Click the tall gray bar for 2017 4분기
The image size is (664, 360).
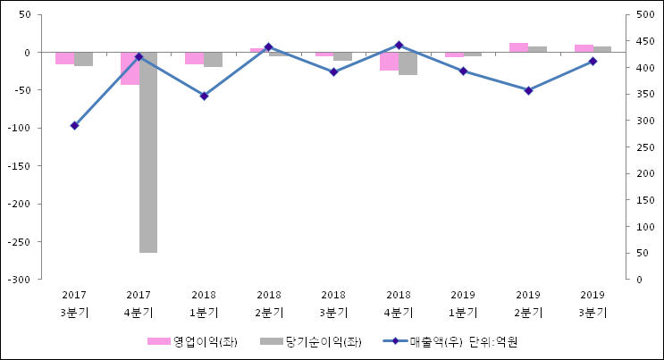tap(147, 152)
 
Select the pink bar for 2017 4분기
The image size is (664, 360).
tap(130, 69)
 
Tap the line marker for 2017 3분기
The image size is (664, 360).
tap(74, 126)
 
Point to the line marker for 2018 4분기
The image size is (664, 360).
tap(399, 45)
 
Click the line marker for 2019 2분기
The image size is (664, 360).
tap(528, 90)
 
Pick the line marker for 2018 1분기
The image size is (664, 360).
tap(204, 96)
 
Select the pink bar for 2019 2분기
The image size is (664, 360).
tap(518, 47)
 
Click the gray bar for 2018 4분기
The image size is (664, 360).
tap(408, 63)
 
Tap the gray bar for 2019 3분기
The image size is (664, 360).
tap(602, 49)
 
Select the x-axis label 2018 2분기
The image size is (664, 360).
tap(269, 303)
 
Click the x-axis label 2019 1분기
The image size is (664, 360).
tap(463, 303)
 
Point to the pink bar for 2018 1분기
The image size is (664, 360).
tap(194, 58)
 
